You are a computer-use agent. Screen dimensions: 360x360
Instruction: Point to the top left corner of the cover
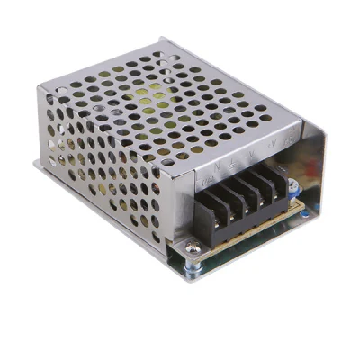(x=40, y=85)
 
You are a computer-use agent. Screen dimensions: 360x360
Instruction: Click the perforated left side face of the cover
(x=99, y=171)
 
